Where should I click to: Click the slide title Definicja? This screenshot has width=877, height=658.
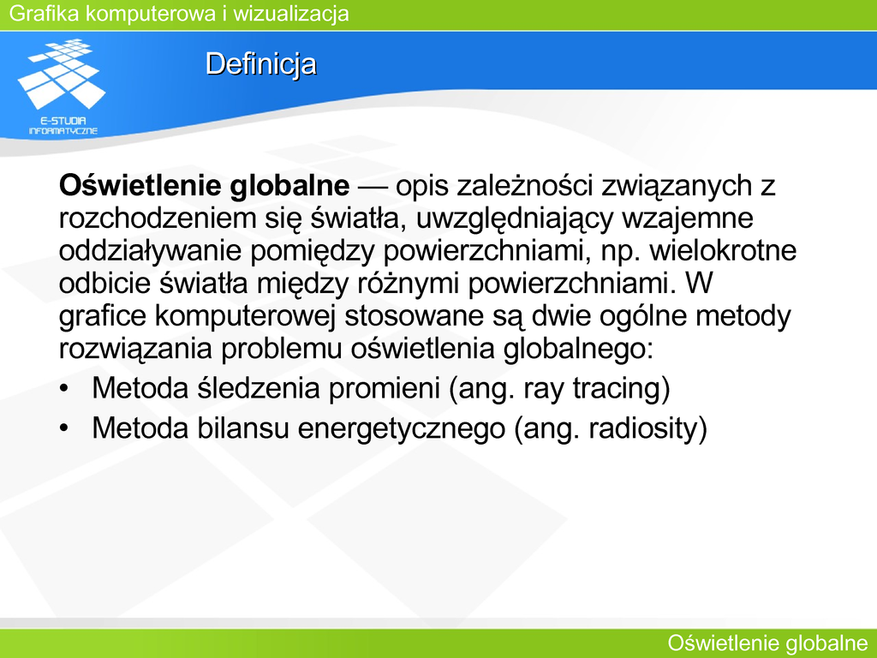click(260, 63)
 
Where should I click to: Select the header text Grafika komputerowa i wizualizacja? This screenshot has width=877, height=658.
click(179, 14)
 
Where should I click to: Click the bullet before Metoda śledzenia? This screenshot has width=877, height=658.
click(64, 388)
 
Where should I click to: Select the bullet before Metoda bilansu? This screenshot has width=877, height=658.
click(64, 428)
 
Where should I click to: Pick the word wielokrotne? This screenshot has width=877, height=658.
click(723, 251)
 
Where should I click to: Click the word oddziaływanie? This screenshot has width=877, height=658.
click(151, 251)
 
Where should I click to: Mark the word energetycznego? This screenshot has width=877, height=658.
click(401, 428)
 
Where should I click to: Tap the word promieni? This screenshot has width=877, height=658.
click(385, 388)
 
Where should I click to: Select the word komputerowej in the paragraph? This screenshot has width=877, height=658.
click(245, 315)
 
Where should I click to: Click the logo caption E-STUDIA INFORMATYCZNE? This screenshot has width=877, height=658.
click(63, 126)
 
